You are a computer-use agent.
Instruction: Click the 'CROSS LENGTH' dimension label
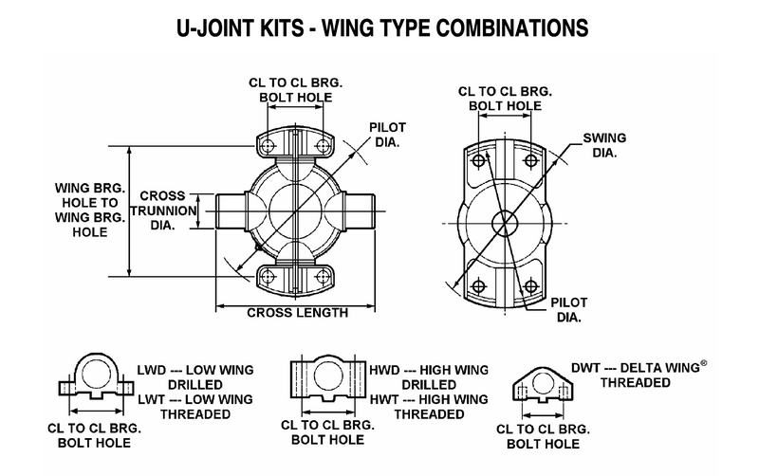297,312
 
